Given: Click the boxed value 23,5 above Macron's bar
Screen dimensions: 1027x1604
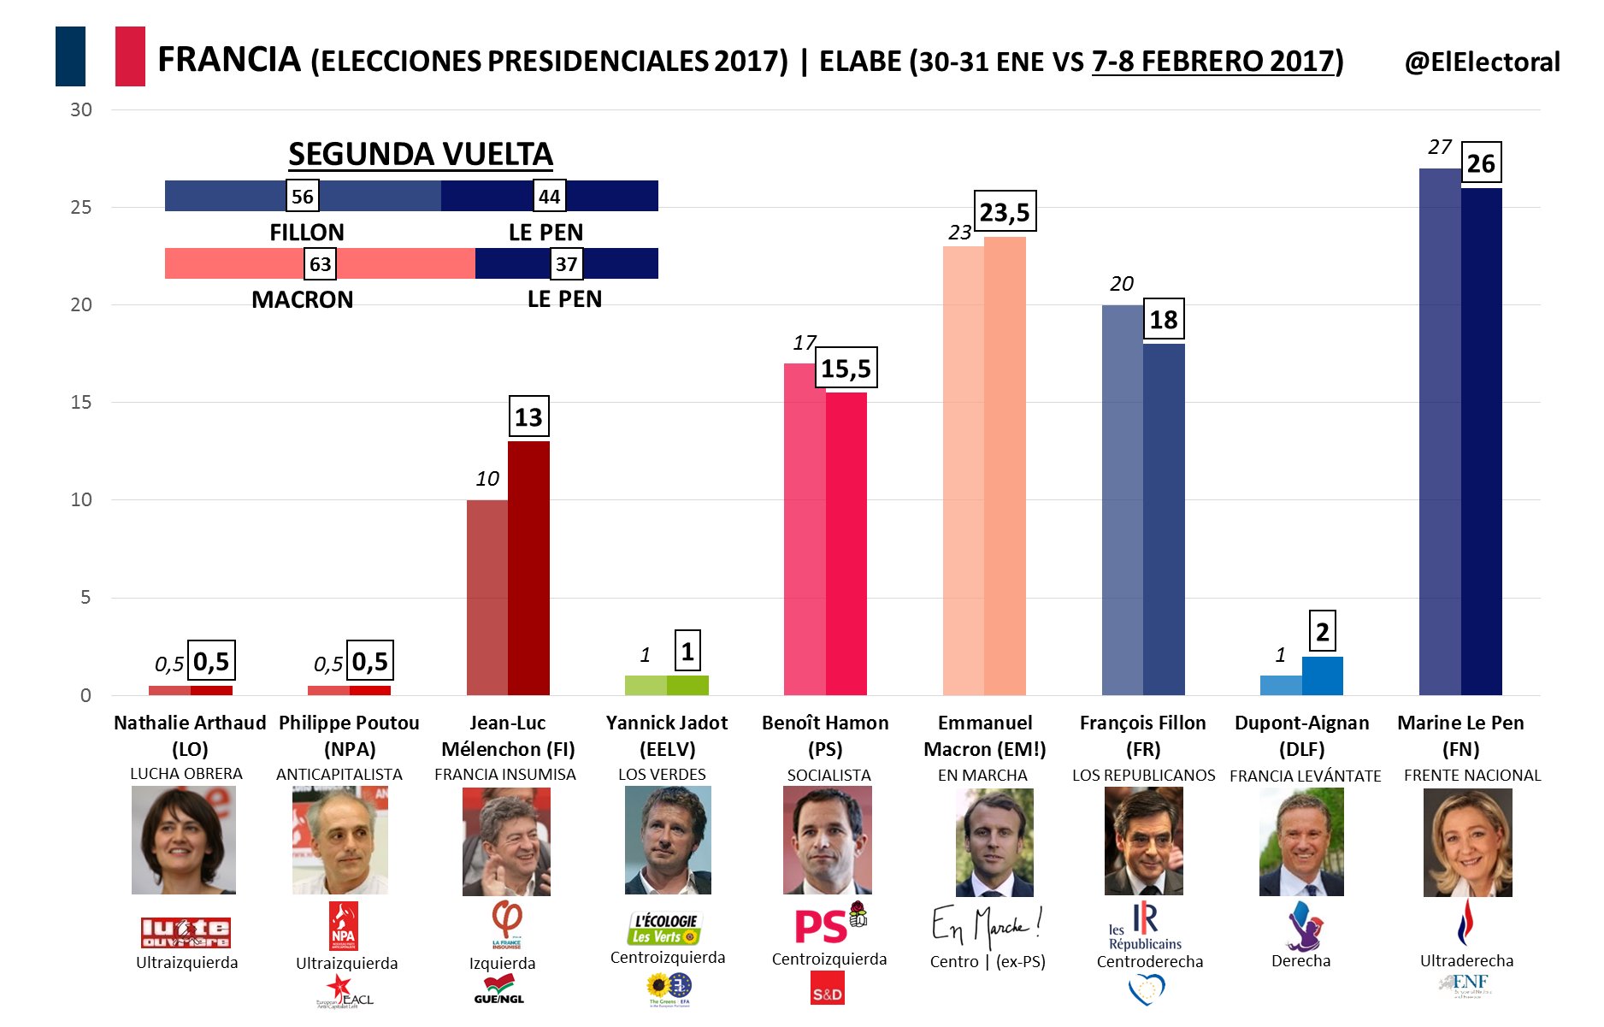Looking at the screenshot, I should pos(1005,211).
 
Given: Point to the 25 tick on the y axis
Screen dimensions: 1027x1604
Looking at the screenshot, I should pos(81,208).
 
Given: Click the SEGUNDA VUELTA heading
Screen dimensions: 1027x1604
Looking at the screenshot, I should pos(420,155).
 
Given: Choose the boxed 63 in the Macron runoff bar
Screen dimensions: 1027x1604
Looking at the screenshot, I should pos(320,263).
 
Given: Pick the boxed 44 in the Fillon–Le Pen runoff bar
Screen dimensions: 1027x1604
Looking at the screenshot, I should pos(549,197).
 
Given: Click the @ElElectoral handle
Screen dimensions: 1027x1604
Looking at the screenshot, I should pos(1482,62).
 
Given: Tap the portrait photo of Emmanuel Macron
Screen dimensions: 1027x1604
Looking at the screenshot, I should pos(994,841).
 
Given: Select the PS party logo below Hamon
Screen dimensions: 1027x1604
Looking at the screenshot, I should pos(822,925).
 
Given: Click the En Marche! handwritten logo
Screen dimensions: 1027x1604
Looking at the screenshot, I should pos(987,926).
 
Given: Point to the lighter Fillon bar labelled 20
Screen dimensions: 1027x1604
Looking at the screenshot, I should pos(1122,499).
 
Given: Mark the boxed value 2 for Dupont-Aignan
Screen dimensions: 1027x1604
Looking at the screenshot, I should pos(1322,632).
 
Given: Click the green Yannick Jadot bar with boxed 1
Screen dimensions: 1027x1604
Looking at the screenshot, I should pos(687,685).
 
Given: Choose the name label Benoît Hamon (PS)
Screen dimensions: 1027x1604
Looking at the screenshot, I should pos(825,735).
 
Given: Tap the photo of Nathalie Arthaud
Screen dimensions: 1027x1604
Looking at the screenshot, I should pos(183,840).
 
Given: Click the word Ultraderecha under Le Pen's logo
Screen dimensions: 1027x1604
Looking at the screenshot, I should pos(1466,960).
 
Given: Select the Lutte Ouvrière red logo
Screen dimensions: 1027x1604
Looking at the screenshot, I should pos(186,931).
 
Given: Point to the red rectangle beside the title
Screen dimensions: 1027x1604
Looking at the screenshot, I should pos(130,56).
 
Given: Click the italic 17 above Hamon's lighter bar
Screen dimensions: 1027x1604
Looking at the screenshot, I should pos(804,343).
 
